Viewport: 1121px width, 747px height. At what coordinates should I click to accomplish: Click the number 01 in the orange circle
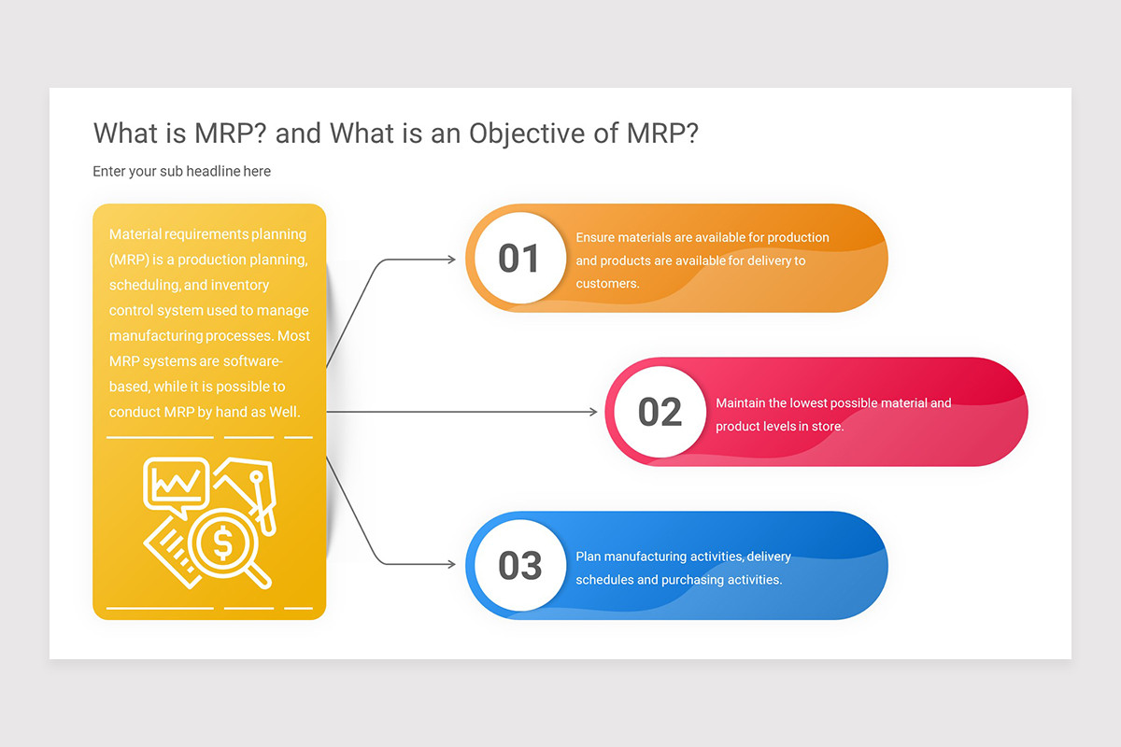tap(518, 259)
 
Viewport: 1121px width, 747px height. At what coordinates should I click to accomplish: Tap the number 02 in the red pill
tap(660, 412)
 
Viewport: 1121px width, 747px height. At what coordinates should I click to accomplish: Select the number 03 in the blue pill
tap(519, 566)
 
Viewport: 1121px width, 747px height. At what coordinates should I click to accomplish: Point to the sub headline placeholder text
tap(181, 171)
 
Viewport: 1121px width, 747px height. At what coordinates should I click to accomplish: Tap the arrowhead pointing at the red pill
tap(592, 412)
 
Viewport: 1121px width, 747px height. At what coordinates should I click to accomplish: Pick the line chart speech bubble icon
tap(176, 483)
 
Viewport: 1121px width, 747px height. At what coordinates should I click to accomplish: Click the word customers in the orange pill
tap(606, 283)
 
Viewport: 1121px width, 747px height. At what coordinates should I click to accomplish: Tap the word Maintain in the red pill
tap(738, 403)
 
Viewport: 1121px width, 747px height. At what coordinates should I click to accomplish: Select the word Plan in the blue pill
tap(588, 557)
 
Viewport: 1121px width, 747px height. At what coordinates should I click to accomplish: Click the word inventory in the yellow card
tap(239, 285)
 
